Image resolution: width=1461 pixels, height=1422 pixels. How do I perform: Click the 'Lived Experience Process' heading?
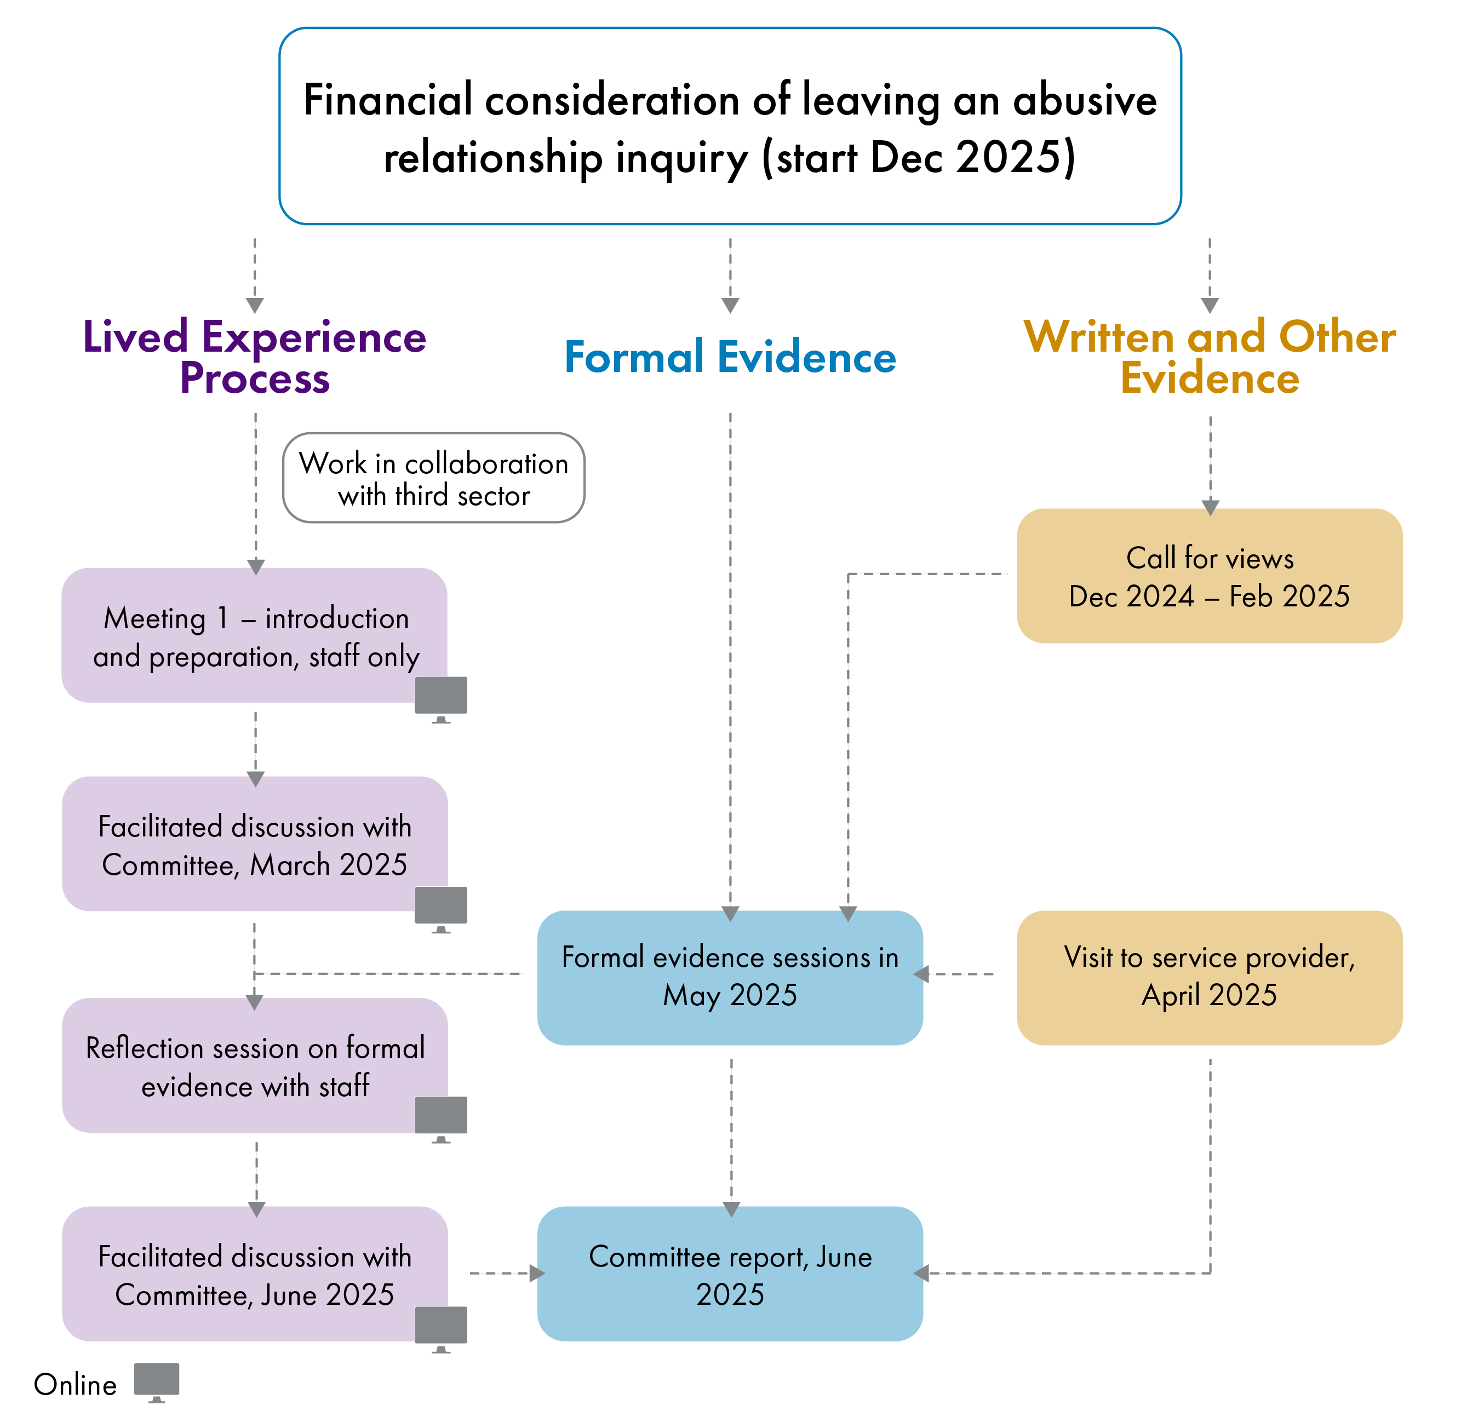[254, 357]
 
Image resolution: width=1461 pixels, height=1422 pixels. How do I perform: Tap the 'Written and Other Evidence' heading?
[1210, 357]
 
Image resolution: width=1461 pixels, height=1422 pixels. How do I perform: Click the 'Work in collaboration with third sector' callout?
[433, 478]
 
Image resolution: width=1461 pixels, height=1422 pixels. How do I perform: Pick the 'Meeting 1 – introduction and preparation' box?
[254, 635]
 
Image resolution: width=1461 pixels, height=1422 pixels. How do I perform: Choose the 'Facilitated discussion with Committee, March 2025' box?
[254, 844]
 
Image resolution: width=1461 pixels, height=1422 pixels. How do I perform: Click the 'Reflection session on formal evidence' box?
[254, 1066]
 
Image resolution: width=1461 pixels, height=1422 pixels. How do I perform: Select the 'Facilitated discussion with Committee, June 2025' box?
[254, 1274]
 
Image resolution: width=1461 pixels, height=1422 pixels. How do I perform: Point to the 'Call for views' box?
[1210, 576]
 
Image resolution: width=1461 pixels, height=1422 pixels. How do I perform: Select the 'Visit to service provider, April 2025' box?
[1210, 977]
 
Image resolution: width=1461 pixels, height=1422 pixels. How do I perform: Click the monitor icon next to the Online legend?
[157, 1380]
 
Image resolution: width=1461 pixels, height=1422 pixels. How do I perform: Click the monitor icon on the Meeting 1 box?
[440, 697]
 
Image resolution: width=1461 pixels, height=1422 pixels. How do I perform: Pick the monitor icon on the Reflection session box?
[440, 1116]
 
